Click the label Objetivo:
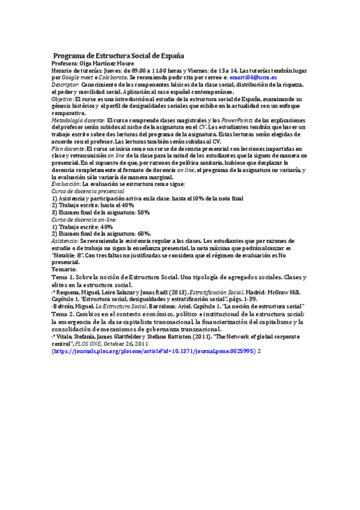pos(63,99)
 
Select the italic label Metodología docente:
pos(78,120)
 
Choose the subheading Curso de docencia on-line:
pos(84,220)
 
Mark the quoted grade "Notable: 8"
pos(72,254)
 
